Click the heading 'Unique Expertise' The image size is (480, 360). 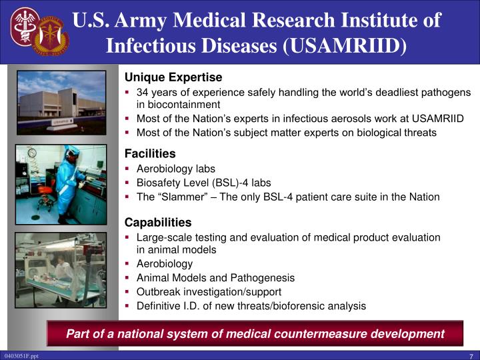click(x=173, y=77)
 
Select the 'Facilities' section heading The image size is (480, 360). click(x=150, y=153)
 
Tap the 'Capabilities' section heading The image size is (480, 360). click(x=158, y=222)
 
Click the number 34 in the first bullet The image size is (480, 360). click(x=143, y=92)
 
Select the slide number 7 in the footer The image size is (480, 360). click(x=471, y=356)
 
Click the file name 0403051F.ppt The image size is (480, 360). click(x=21, y=356)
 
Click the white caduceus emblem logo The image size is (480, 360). click(x=25, y=27)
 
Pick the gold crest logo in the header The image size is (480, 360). click(x=51, y=36)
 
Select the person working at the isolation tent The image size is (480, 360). click(x=63, y=267)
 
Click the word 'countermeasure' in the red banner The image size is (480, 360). click(x=320, y=333)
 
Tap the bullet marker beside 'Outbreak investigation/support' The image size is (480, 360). click(x=127, y=291)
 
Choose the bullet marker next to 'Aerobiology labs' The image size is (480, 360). click(x=127, y=168)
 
